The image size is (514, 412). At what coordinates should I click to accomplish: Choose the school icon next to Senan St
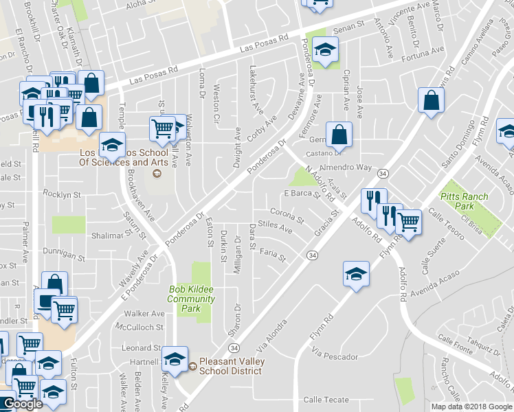[325, 49]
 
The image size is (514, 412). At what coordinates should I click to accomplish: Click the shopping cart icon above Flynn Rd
[409, 222]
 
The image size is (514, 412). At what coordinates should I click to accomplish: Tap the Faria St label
[273, 254]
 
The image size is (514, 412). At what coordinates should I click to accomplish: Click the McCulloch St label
[139, 327]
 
